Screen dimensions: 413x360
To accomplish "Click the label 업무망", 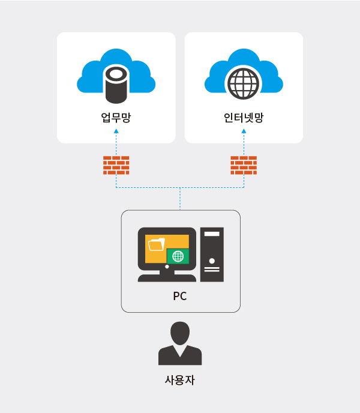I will [116, 118].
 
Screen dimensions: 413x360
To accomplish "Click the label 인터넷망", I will [244, 118].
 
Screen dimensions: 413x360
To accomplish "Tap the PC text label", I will [180, 296].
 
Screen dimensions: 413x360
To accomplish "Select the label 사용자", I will [180, 380].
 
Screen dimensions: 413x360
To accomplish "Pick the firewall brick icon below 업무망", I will [116, 165].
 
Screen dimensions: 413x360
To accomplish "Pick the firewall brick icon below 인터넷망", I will [244, 165].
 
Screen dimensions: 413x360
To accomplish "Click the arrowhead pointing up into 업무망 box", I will [116, 131].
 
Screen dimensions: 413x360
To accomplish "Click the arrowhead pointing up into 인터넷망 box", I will [244, 131].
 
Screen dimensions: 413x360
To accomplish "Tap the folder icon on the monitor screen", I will [156, 244].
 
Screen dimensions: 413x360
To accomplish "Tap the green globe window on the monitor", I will [178, 256].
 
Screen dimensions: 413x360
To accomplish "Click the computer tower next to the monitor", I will [212, 254].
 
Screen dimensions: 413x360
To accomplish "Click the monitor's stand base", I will [167, 278].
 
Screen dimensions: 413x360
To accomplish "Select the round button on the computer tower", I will [212, 261].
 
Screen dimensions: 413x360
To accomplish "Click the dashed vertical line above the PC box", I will [180, 199].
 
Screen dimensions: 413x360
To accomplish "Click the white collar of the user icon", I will [180, 348].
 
